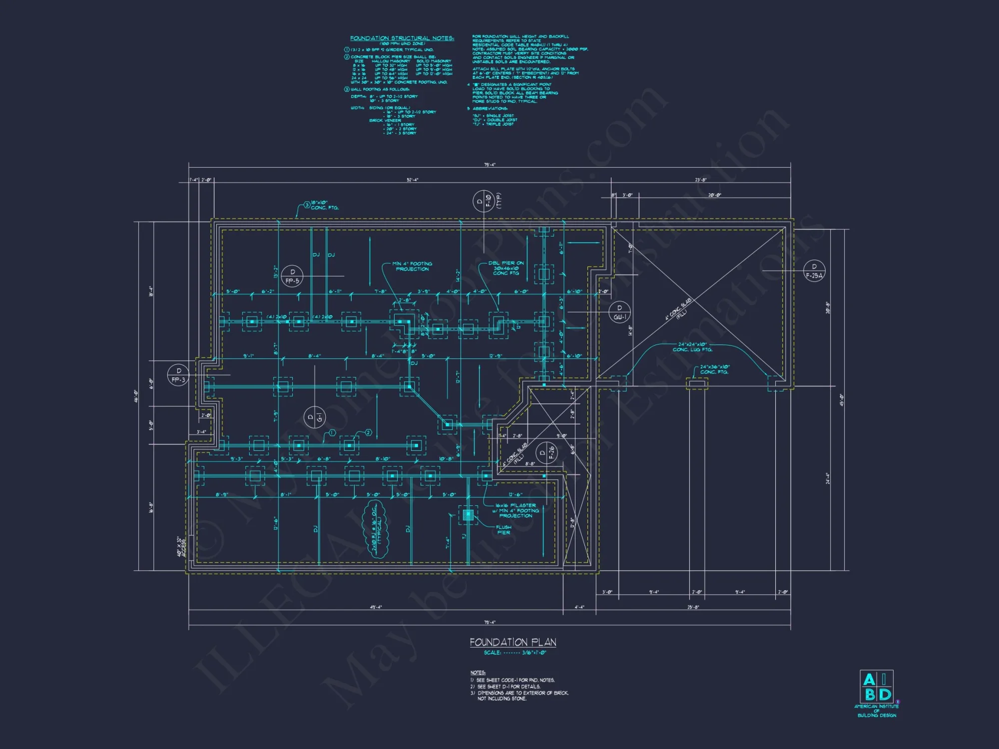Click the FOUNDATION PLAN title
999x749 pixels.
[513, 642]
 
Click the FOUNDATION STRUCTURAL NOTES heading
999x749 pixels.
[402, 38]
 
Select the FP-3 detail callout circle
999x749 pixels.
[178, 375]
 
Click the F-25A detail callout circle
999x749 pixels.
[814, 271]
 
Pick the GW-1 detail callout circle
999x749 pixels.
[620, 312]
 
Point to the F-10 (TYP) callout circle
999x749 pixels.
[484, 201]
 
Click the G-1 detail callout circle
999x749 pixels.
[315, 417]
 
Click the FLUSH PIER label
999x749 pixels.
[503, 530]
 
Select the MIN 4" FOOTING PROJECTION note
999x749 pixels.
[412, 266]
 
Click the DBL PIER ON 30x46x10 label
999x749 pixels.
[506, 268]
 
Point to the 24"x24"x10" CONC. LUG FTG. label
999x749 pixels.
[692, 347]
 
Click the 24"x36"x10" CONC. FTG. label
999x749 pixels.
[714, 370]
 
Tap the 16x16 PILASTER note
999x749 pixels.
[516, 510]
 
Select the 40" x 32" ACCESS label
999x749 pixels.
[181, 547]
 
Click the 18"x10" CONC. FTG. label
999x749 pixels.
[324, 205]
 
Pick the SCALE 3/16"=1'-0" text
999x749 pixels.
[515, 653]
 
